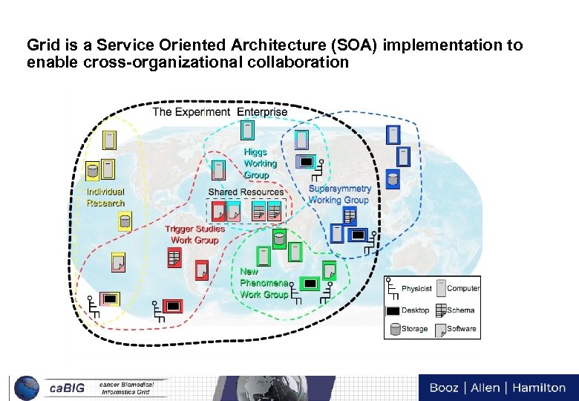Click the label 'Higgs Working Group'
point(260,163)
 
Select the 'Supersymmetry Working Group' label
point(339,195)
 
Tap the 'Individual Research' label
point(105,198)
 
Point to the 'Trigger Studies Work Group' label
point(194,235)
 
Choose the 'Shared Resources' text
point(246,192)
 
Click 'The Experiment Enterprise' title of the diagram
point(220,112)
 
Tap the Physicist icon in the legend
point(393,288)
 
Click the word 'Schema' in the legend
point(461,310)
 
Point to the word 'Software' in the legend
point(462,329)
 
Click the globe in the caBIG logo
point(27,388)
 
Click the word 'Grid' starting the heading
point(40,45)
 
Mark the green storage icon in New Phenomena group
point(278,239)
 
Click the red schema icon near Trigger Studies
point(174,258)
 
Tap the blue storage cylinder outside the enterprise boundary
point(393,178)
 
